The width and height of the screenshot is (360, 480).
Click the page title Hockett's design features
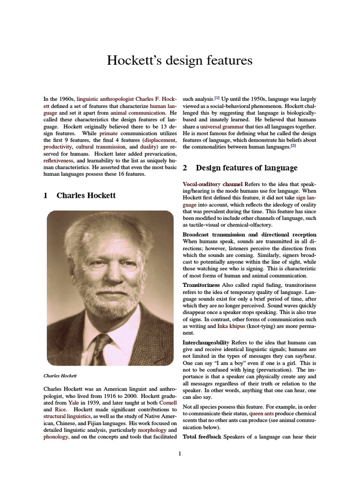(x=180, y=60)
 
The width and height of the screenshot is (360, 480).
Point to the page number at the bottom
(x=180, y=453)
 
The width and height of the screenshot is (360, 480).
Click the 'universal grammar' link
(x=220, y=127)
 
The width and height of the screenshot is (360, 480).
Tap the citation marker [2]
(x=293, y=146)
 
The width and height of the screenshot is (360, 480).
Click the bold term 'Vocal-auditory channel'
(x=212, y=184)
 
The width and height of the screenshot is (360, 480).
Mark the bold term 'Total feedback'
(x=202, y=437)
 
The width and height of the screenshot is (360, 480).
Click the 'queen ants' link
(x=248, y=414)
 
